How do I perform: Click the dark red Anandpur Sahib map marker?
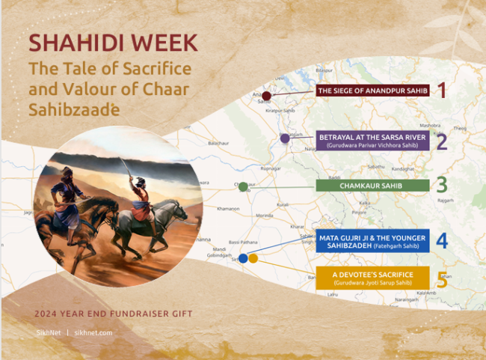[x=266, y=96]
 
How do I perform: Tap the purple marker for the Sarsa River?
[x=285, y=138]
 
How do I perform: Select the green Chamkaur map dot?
[x=243, y=186]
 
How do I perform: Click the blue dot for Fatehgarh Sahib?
[x=243, y=258]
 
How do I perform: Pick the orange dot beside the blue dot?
[x=253, y=258]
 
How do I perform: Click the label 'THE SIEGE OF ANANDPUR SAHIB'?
[x=372, y=91]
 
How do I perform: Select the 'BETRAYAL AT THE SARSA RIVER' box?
[x=372, y=141]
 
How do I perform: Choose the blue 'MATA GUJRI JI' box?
[x=372, y=241]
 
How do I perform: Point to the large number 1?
[x=441, y=91]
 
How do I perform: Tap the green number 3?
[x=442, y=186]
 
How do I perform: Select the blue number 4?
[x=442, y=241]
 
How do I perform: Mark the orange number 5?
[x=442, y=279]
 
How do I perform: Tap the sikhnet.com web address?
[x=93, y=332]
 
